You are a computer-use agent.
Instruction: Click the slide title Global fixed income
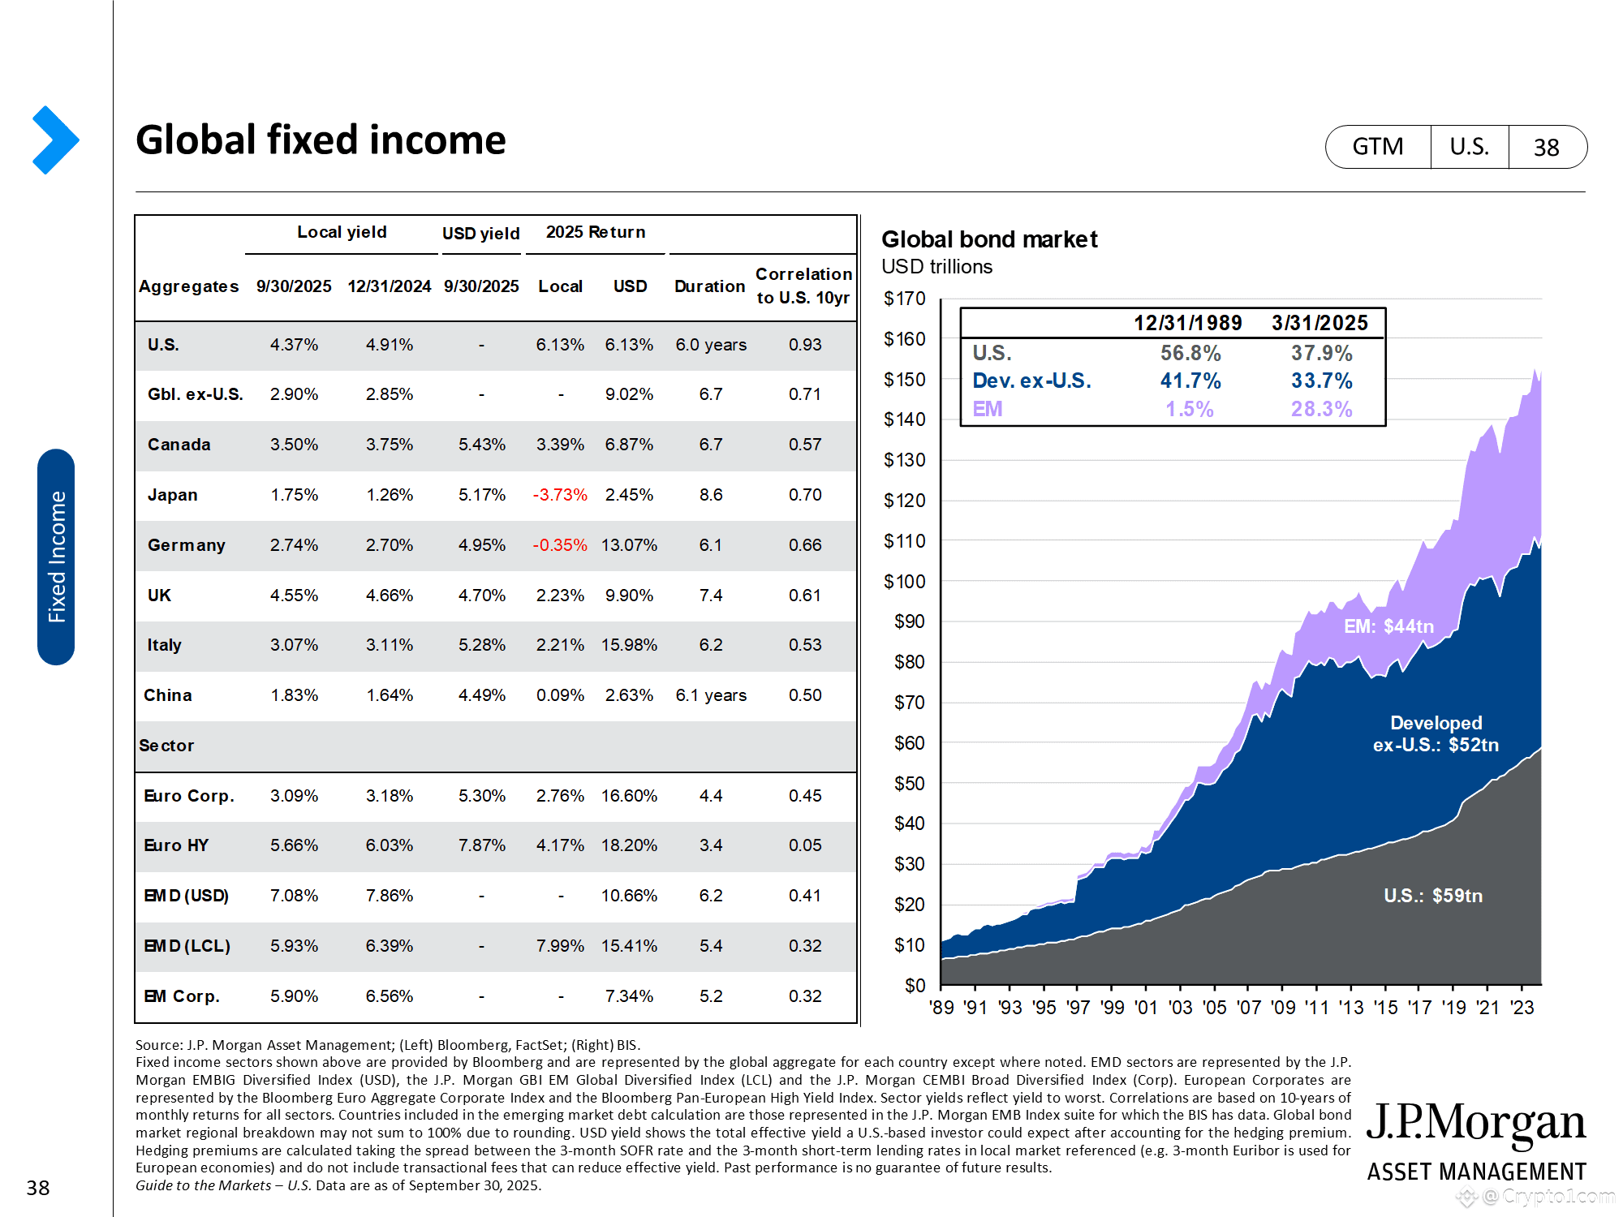(x=321, y=140)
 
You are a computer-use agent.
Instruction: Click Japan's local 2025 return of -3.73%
(x=560, y=495)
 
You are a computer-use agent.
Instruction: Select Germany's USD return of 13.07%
(x=629, y=545)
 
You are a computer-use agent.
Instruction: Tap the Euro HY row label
(x=176, y=845)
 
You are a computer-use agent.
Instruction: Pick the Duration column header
(x=709, y=286)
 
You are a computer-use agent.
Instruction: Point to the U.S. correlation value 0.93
(x=805, y=345)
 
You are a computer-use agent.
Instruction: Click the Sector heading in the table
(x=166, y=746)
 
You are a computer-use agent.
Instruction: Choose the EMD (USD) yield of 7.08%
(x=294, y=896)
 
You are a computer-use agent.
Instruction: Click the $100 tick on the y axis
(x=904, y=582)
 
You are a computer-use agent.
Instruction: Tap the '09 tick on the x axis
(x=1283, y=1008)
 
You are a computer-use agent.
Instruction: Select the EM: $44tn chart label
(x=1388, y=626)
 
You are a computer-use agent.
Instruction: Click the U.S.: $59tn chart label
(x=1432, y=896)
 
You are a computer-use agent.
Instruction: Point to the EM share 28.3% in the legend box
(x=1321, y=409)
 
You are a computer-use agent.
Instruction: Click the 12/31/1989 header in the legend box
(x=1187, y=323)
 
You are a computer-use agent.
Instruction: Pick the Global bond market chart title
(x=989, y=239)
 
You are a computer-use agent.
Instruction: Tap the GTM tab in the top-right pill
(x=1377, y=147)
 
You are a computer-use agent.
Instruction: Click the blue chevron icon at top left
(x=55, y=140)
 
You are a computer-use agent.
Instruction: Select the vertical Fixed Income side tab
(x=56, y=557)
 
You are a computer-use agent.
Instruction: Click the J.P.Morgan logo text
(x=1475, y=1124)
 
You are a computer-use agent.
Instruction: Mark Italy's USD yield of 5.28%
(x=481, y=645)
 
